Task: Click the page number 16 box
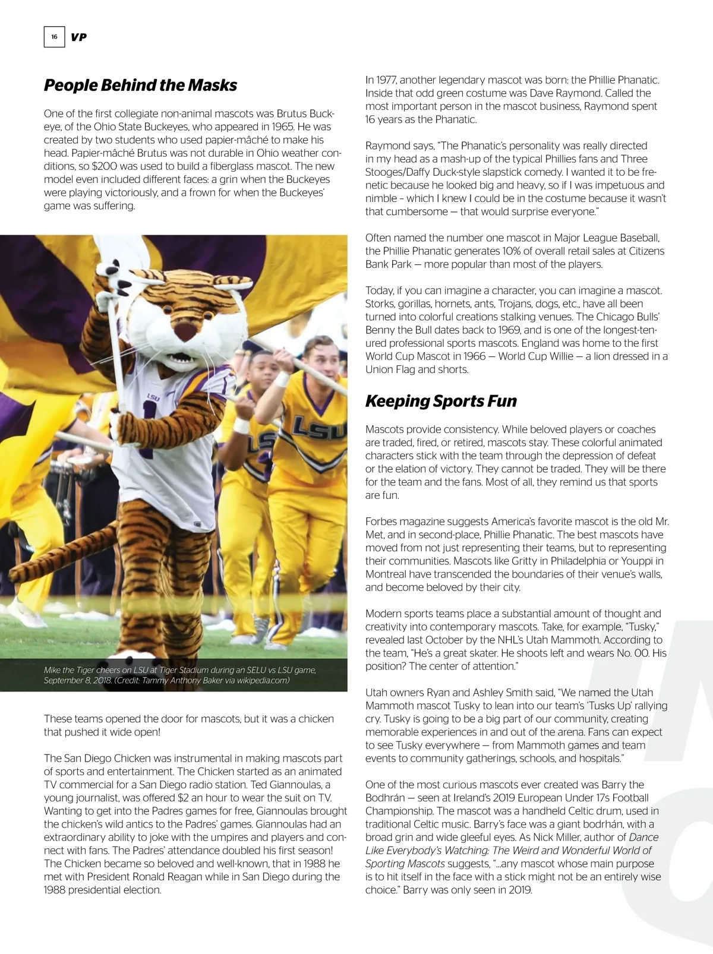tap(54, 37)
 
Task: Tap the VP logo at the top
tap(78, 37)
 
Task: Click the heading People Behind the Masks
tap(140, 85)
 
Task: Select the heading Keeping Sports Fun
tap(441, 401)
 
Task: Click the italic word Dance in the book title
tap(643, 838)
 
